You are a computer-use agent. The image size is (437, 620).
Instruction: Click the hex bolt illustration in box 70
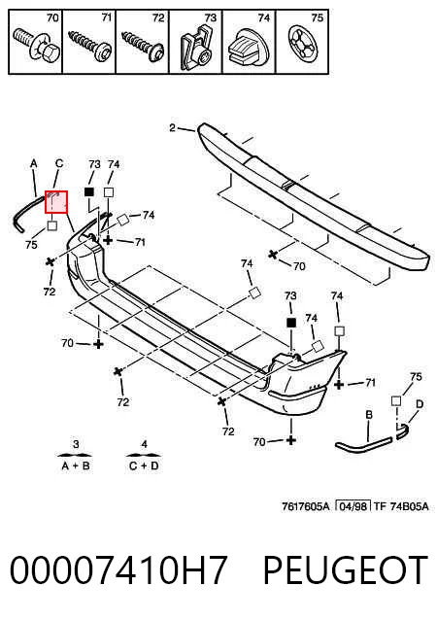click(x=36, y=46)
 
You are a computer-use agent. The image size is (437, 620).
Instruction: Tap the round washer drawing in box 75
click(x=303, y=45)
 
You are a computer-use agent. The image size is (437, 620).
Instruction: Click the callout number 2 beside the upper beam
click(x=172, y=127)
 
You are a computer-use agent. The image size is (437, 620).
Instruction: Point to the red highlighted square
click(x=56, y=202)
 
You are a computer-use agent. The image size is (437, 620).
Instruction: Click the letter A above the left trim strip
click(x=34, y=163)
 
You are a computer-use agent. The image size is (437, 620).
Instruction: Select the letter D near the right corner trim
click(x=420, y=404)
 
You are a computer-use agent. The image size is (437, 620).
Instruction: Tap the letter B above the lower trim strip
click(x=369, y=415)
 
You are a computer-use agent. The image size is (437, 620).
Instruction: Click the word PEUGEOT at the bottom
click(x=346, y=570)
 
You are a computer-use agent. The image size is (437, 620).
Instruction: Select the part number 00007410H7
click(x=118, y=570)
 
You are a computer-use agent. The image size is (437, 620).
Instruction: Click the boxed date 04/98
click(x=353, y=506)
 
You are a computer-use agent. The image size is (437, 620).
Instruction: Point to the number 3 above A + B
click(x=77, y=444)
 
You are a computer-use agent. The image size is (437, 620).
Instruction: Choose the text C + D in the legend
click(x=144, y=465)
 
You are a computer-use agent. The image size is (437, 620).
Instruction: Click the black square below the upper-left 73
click(x=89, y=192)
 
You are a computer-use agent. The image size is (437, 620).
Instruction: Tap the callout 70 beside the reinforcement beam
click(x=299, y=266)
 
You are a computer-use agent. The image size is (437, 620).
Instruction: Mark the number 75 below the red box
click(x=31, y=245)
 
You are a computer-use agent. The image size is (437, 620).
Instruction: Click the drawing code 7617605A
click(x=305, y=506)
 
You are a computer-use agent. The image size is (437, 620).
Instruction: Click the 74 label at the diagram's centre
click(x=247, y=263)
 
